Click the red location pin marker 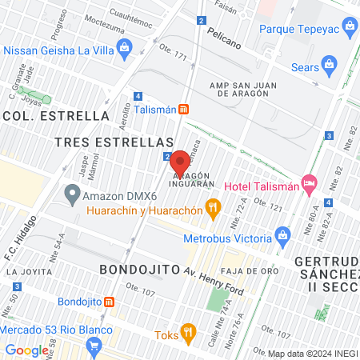[179, 161]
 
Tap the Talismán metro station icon [184, 109]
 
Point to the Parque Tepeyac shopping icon [349, 30]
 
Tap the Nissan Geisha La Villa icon [125, 50]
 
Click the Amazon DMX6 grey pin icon [72, 193]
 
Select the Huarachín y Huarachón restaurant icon [213, 210]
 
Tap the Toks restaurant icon [187, 330]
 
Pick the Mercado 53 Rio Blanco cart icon [95, 346]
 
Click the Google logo [26, 350]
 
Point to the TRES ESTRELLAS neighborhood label [109, 142]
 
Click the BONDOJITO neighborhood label [138, 270]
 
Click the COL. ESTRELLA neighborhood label [56, 115]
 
